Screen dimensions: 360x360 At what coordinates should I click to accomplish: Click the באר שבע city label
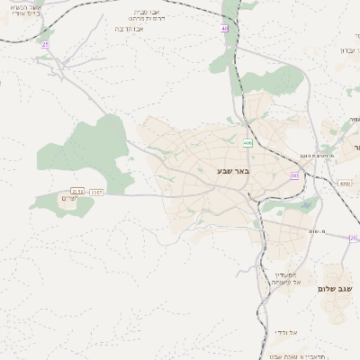pos(234,170)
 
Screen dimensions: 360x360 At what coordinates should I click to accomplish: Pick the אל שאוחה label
pos(287,285)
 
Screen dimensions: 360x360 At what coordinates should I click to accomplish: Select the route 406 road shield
pos(247,143)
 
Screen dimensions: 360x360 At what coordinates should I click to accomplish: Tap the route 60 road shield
pos(294,175)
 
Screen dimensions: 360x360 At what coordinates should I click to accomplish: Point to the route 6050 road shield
pos(345,184)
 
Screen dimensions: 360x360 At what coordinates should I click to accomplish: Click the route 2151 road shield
pos(77,191)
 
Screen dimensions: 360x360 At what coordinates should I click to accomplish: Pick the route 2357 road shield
pos(97,191)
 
